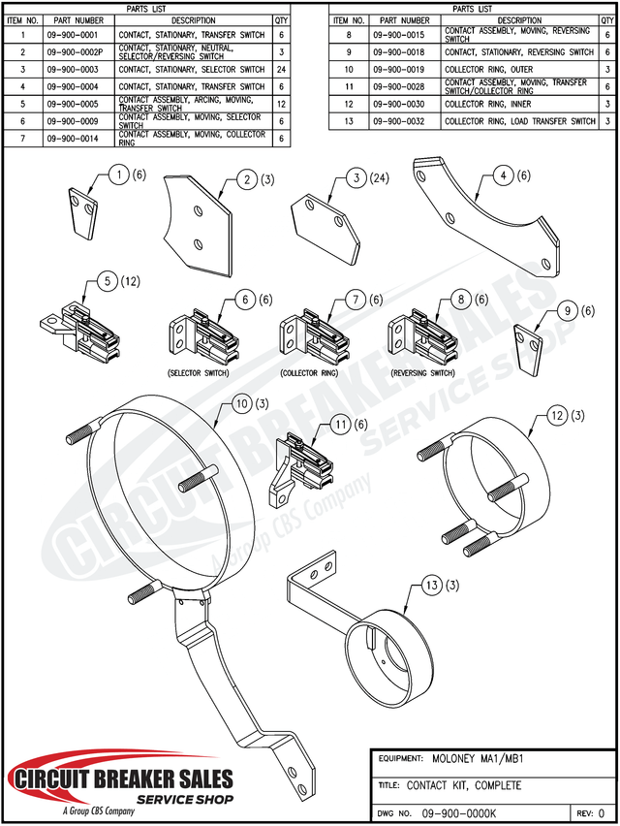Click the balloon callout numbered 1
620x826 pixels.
118,175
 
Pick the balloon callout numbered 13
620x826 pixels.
433,586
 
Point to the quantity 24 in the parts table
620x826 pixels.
281,70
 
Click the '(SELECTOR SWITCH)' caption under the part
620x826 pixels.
199,372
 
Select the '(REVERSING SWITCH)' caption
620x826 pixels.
422,372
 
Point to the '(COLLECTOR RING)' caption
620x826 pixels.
310,372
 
